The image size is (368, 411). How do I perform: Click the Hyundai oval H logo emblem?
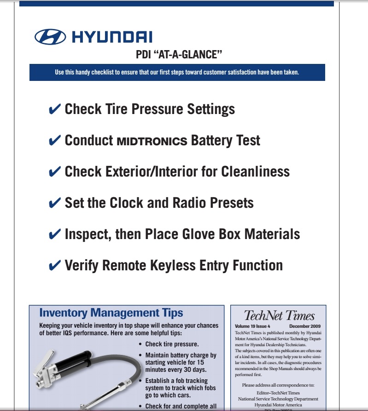51,37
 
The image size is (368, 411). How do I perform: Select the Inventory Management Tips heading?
111,313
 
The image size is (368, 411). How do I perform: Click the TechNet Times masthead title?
279,316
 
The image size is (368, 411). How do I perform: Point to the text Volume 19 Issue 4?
252,326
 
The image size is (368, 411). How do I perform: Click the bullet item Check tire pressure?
172,344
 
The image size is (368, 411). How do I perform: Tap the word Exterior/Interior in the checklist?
130,171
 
